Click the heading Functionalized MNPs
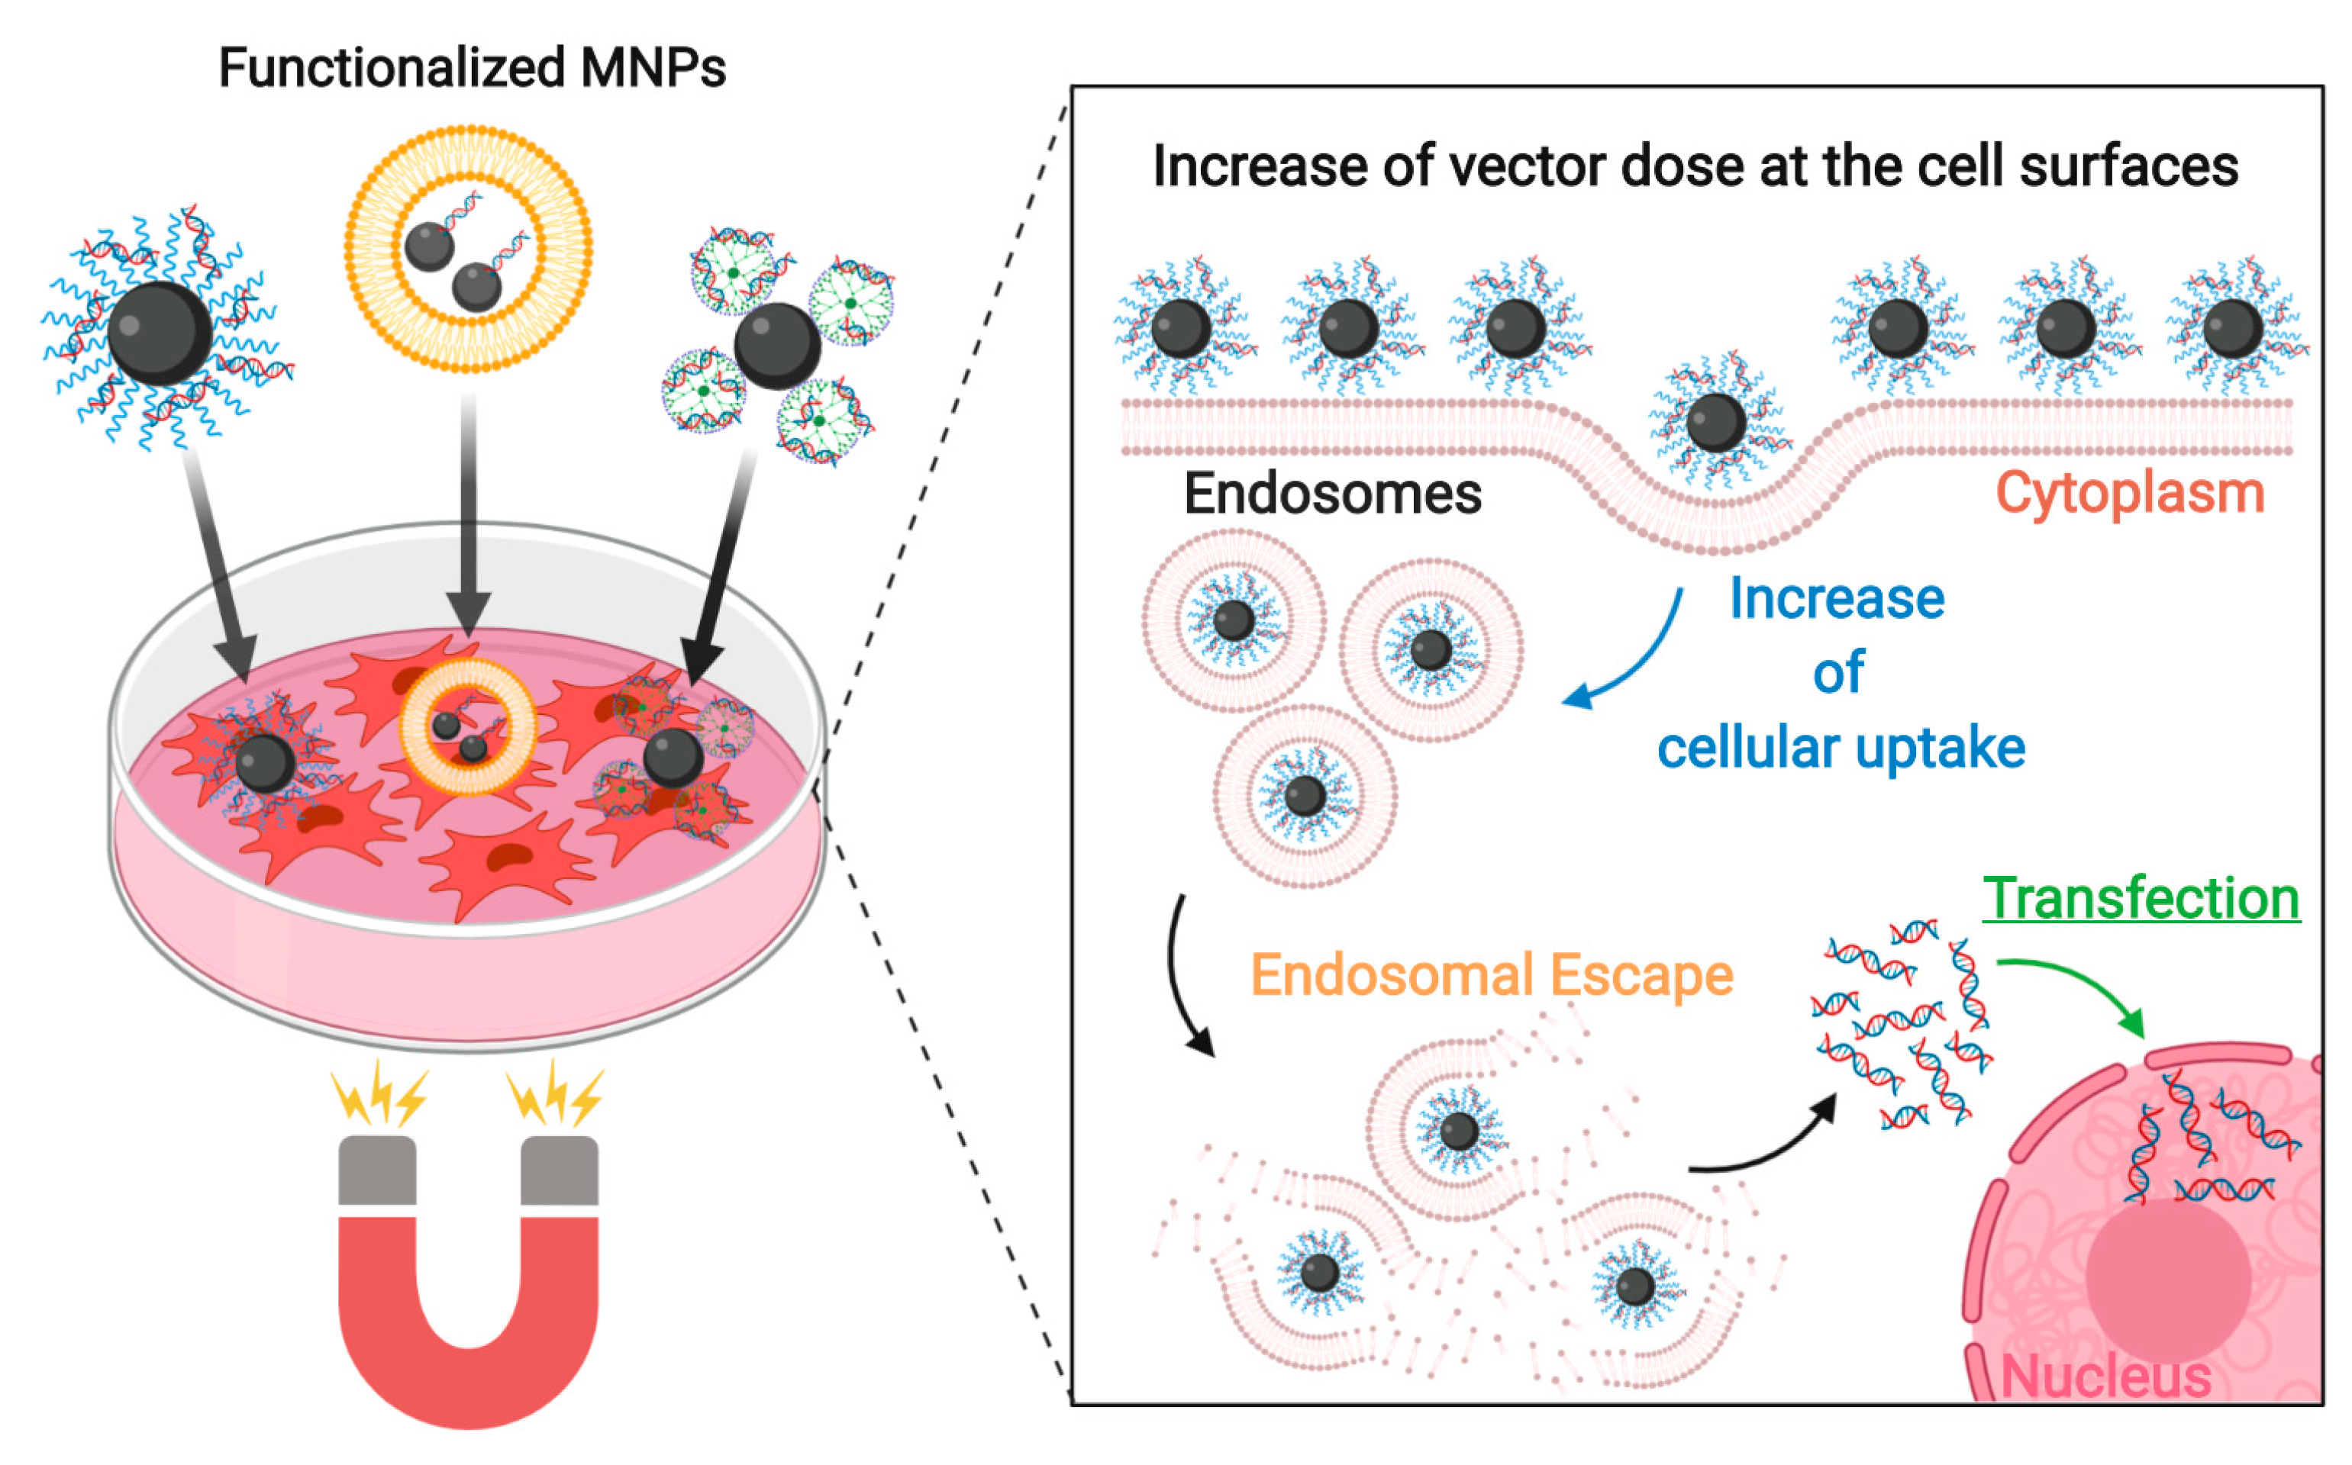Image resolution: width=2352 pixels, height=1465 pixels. click(472, 68)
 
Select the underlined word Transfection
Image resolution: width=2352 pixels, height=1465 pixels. click(2140, 898)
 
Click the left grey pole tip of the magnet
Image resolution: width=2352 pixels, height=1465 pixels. click(377, 1170)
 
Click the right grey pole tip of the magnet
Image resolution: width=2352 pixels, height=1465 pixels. click(559, 1170)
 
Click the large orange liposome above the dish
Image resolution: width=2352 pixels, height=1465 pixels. click(468, 248)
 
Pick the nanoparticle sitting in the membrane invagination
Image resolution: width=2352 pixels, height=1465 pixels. click(1715, 423)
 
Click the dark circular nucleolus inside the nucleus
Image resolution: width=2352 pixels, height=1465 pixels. click(2168, 1279)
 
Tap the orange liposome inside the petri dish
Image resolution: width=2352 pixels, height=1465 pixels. click(469, 726)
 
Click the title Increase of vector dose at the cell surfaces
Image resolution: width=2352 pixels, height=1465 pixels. click(1695, 166)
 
